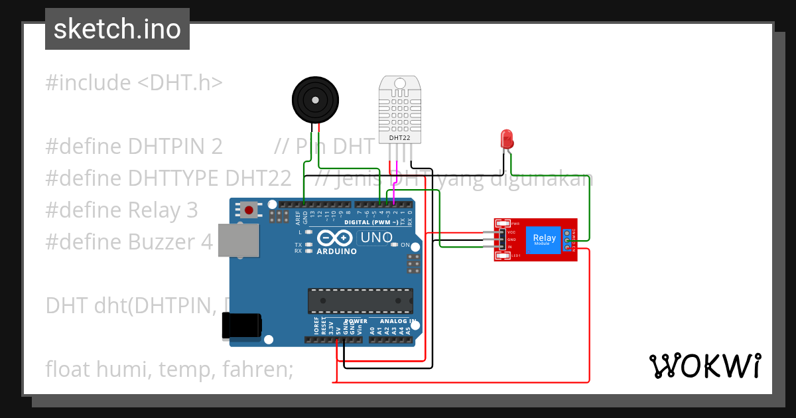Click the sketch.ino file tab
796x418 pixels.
pos(117,29)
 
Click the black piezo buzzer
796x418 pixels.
pos(315,99)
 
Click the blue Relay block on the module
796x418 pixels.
pos(545,240)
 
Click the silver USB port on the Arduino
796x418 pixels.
pos(238,240)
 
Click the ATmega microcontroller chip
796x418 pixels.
pos(360,301)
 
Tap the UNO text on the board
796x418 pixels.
pos(375,238)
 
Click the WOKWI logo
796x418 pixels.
pos(704,366)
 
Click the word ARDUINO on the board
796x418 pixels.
pos(336,252)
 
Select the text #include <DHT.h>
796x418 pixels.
pos(134,83)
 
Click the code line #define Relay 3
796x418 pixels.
pos(121,210)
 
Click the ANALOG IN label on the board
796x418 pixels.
pos(397,321)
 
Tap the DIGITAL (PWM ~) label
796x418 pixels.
pos(371,222)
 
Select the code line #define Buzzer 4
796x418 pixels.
pos(129,242)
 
